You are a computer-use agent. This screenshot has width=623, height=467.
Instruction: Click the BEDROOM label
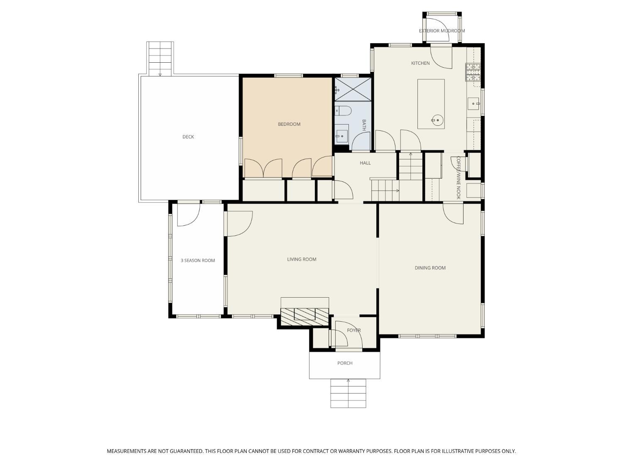pyautogui.click(x=289, y=124)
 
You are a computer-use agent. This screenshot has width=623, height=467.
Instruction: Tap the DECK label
pyautogui.click(x=188, y=137)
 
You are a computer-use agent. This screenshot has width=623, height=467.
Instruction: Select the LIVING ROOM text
pyautogui.click(x=302, y=259)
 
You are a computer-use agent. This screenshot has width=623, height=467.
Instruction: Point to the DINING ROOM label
pyautogui.click(x=430, y=268)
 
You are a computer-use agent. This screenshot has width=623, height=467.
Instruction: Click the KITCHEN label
pyautogui.click(x=420, y=63)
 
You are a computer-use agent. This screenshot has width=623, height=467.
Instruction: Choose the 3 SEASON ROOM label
pyautogui.click(x=198, y=261)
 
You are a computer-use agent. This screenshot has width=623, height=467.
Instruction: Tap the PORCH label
pyautogui.click(x=345, y=363)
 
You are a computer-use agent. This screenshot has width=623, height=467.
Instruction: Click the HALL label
pyautogui.click(x=365, y=163)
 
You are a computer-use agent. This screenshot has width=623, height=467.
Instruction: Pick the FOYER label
pyautogui.click(x=354, y=330)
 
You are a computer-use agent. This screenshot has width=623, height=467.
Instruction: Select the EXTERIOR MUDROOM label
pyautogui.click(x=442, y=31)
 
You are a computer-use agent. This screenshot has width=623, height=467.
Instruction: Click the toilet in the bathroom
pyautogui.click(x=343, y=111)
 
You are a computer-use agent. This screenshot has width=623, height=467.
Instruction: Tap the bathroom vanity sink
pyautogui.click(x=342, y=137)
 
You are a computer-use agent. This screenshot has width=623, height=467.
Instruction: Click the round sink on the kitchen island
pyautogui.click(x=437, y=120)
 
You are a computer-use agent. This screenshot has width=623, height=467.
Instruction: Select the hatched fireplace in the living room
pyautogui.click(x=305, y=317)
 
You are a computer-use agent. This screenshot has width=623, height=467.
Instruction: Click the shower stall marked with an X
pyautogui.click(x=353, y=89)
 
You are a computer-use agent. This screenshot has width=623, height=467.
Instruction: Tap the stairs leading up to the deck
pyautogui.click(x=160, y=59)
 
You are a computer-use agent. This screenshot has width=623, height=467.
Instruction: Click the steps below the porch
pyautogui.click(x=348, y=394)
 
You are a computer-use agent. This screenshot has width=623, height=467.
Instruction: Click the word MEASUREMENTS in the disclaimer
pyautogui.click(x=127, y=451)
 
